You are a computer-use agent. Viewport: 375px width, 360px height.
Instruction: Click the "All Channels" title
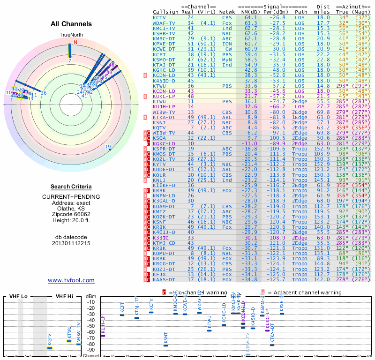coord(71,24)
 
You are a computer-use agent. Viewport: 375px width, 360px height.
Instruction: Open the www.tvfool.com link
coord(71,280)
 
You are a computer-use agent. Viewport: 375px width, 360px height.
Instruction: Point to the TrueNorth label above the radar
coord(71,35)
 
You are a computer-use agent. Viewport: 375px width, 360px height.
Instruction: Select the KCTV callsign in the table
coord(160,18)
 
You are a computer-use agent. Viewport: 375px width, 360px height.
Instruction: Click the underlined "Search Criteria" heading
coord(71,187)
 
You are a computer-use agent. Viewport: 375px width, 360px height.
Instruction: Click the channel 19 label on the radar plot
coord(108,147)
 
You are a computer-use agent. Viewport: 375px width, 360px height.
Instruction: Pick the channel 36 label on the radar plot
coord(44,93)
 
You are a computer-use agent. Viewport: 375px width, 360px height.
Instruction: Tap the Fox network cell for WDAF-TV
coord(227,23)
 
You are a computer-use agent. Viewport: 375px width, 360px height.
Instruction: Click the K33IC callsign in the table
coord(161,238)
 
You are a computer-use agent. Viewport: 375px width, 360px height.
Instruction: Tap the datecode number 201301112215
coord(71,244)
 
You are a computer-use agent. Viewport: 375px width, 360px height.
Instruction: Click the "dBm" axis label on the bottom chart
coord(90,296)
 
